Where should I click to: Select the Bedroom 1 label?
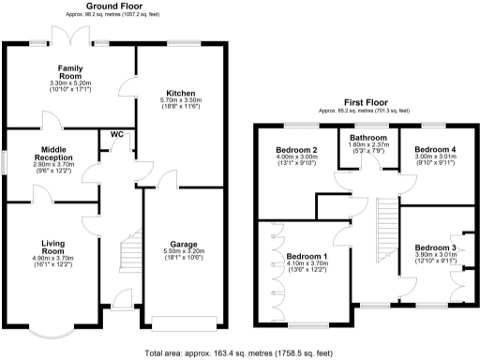click(307, 256)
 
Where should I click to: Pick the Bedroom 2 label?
click(296, 150)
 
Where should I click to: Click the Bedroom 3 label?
click(434, 247)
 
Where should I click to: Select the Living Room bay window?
click(52, 334)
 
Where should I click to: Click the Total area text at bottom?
click(239, 353)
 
